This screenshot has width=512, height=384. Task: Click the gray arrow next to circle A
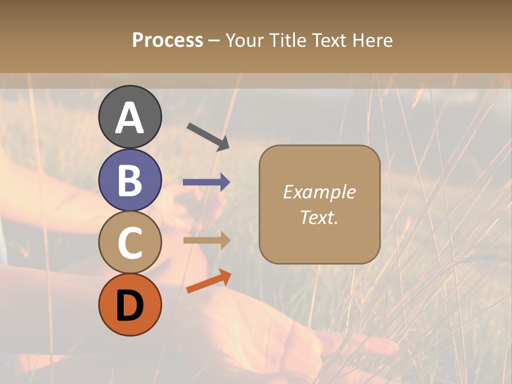pos(208,136)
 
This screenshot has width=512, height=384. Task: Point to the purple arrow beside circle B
pos(206,182)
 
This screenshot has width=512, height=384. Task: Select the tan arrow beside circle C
pos(206,240)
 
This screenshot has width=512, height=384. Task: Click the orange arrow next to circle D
pos(209,281)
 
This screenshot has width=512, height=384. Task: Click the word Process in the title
pos(167,40)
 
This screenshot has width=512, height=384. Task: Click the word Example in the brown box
pos(319,192)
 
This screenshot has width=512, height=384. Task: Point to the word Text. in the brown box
pos(319,217)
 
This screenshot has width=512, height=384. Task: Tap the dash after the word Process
pos(214,41)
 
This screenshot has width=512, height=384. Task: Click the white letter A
pos(130,117)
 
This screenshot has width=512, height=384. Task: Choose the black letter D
pos(130,305)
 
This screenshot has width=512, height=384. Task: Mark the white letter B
pos(130,180)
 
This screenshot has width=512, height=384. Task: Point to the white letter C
pos(130,243)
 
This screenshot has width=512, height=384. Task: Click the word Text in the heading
pos(330,40)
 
